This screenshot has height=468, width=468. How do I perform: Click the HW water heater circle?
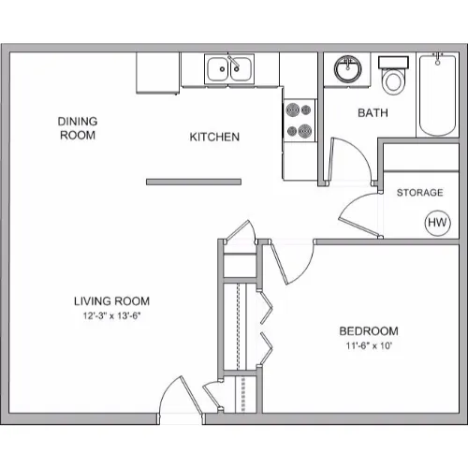[438, 223]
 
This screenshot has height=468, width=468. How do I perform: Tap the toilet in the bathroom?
[393, 75]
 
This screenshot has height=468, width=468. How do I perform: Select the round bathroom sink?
[348, 68]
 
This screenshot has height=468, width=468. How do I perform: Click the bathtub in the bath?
[437, 95]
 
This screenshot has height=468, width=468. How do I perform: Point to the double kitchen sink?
[229, 69]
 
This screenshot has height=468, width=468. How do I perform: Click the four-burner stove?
[300, 121]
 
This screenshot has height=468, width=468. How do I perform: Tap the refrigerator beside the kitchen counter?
[157, 73]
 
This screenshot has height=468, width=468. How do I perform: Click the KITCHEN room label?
[214, 137]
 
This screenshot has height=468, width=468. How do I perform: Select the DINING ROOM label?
[78, 128]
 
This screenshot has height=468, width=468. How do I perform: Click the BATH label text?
[373, 112]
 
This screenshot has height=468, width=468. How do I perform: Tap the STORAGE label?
[419, 193]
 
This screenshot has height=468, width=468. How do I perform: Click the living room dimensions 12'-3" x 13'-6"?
[111, 315]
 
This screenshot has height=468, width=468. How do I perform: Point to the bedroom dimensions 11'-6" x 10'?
[369, 345]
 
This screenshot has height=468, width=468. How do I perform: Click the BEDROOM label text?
[369, 331]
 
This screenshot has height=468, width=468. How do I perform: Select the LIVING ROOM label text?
[111, 301]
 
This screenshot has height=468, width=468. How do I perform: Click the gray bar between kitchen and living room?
[194, 182]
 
